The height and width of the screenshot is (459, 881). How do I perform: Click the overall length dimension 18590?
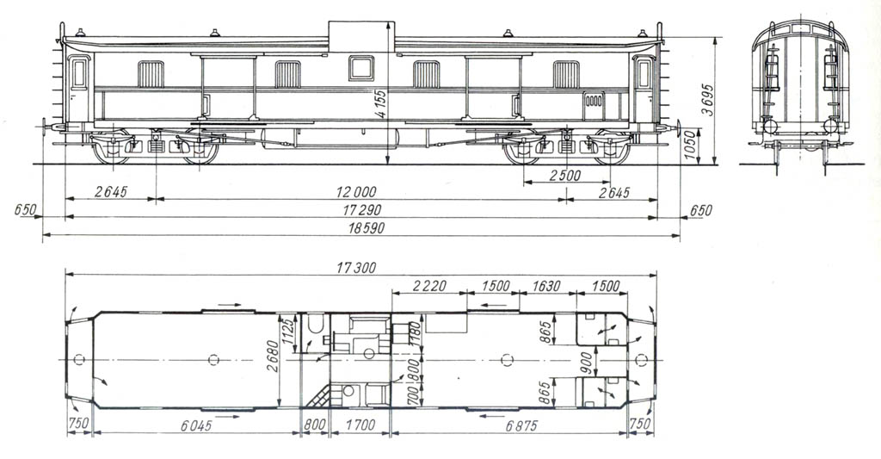361,228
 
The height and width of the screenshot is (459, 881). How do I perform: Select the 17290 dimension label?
361,210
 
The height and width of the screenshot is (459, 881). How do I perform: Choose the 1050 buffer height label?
688,147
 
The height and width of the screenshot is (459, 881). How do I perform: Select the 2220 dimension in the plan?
428,286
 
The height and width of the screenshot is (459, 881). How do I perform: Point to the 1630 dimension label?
547,286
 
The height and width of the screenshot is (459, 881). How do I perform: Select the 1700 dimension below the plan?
360,424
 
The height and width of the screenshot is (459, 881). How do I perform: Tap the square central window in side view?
361,67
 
